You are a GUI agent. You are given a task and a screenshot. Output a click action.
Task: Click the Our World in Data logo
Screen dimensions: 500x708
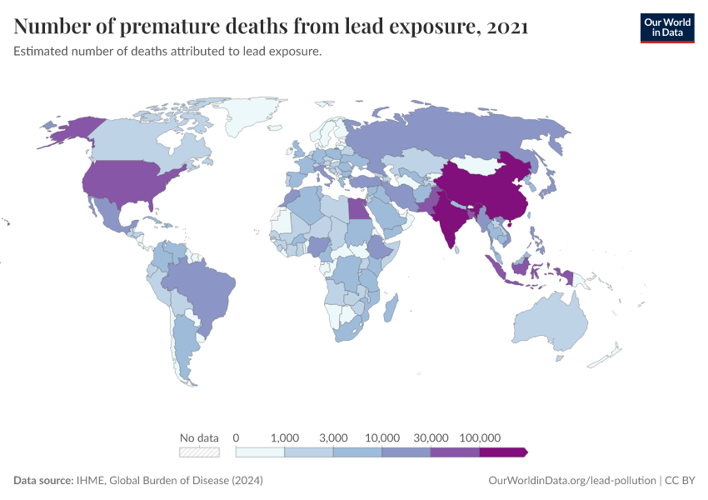(x=666, y=27)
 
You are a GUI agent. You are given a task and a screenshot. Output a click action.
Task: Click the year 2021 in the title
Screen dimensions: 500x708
(x=506, y=27)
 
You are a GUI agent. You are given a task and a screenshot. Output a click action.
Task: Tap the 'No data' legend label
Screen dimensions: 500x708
(x=199, y=437)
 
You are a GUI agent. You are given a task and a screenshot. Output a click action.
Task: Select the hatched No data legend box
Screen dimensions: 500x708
(x=200, y=452)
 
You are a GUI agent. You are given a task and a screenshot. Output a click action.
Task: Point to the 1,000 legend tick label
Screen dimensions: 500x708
(x=285, y=437)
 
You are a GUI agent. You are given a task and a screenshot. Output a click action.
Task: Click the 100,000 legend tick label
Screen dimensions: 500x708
(x=479, y=437)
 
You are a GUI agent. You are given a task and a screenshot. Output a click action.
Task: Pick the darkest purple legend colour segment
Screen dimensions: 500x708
(x=502, y=452)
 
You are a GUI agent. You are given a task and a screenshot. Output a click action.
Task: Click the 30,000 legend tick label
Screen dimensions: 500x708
(x=431, y=437)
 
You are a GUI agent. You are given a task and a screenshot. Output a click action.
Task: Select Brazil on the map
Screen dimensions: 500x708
(x=204, y=287)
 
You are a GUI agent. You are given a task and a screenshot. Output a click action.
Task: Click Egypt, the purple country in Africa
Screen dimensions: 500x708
(x=358, y=207)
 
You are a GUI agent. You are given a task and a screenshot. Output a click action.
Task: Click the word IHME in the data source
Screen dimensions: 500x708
(x=89, y=481)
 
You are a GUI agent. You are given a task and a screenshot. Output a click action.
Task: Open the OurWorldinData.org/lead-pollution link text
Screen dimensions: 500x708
(x=571, y=481)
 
